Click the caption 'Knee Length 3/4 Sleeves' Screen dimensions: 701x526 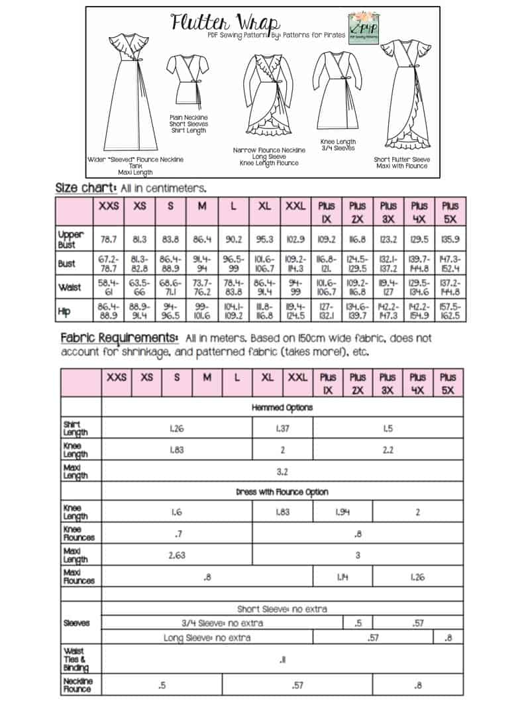pyautogui.click(x=338, y=145)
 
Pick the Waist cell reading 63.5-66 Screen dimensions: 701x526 pyautogui.click(x=139, y=288)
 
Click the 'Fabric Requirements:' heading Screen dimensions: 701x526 pyautogui.click(x=119, y=337)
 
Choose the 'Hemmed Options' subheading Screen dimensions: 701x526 pyautogui.click(x=282, y=407)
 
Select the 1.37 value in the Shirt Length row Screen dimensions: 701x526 pyautogui.click(x=282, y=428)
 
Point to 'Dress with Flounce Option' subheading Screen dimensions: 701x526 pyautogui.click(x=282, y=492)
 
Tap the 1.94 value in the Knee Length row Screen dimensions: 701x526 pyautogui.click(x=342, y=513)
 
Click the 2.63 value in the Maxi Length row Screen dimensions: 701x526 pyautogui.click(x=177, y=555)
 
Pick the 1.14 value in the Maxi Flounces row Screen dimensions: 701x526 pyautogui.click(x=342, y=577)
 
